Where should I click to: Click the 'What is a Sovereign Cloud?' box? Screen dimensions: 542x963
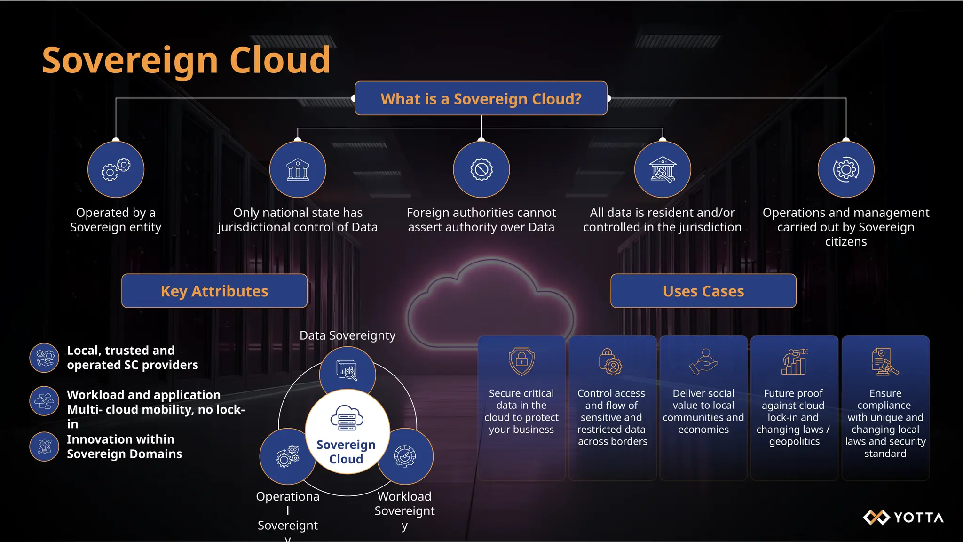pyautogui.click(x=481, y=98)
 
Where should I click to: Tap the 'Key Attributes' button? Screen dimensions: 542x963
pyautogui.click(x=214, y=291)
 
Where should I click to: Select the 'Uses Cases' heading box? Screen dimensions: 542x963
pyautogui.click(x=703, y=291)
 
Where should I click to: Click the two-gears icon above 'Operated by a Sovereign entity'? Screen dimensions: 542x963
pyautogui.click(x=116, y=170)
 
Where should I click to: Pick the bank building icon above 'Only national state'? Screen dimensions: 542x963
pyautogui.click(x=298, y=170)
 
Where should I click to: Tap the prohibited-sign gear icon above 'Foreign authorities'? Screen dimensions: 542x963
pyautogui.click(x=481, y=170)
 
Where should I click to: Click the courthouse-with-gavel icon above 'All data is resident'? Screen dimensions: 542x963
pyautogui.click(x=663, y=170)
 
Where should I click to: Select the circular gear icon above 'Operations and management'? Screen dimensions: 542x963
pyautogui.click(x=846, y=170)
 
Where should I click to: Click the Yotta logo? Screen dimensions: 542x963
pyautogui.click(x=903, y=518)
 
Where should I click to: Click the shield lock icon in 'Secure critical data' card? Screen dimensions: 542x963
pyautogui.click(x=521, y=361)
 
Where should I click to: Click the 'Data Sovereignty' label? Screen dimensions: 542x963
pyautogui.click(x=347, y=335)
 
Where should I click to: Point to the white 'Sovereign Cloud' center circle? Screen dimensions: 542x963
pyautogui.click(x=347, y=432)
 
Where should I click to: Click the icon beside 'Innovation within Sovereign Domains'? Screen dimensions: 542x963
pyautogui.click(x=44, y=446)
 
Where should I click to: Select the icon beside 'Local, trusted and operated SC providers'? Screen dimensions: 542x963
pyautogui.click(x=44, y=358)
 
